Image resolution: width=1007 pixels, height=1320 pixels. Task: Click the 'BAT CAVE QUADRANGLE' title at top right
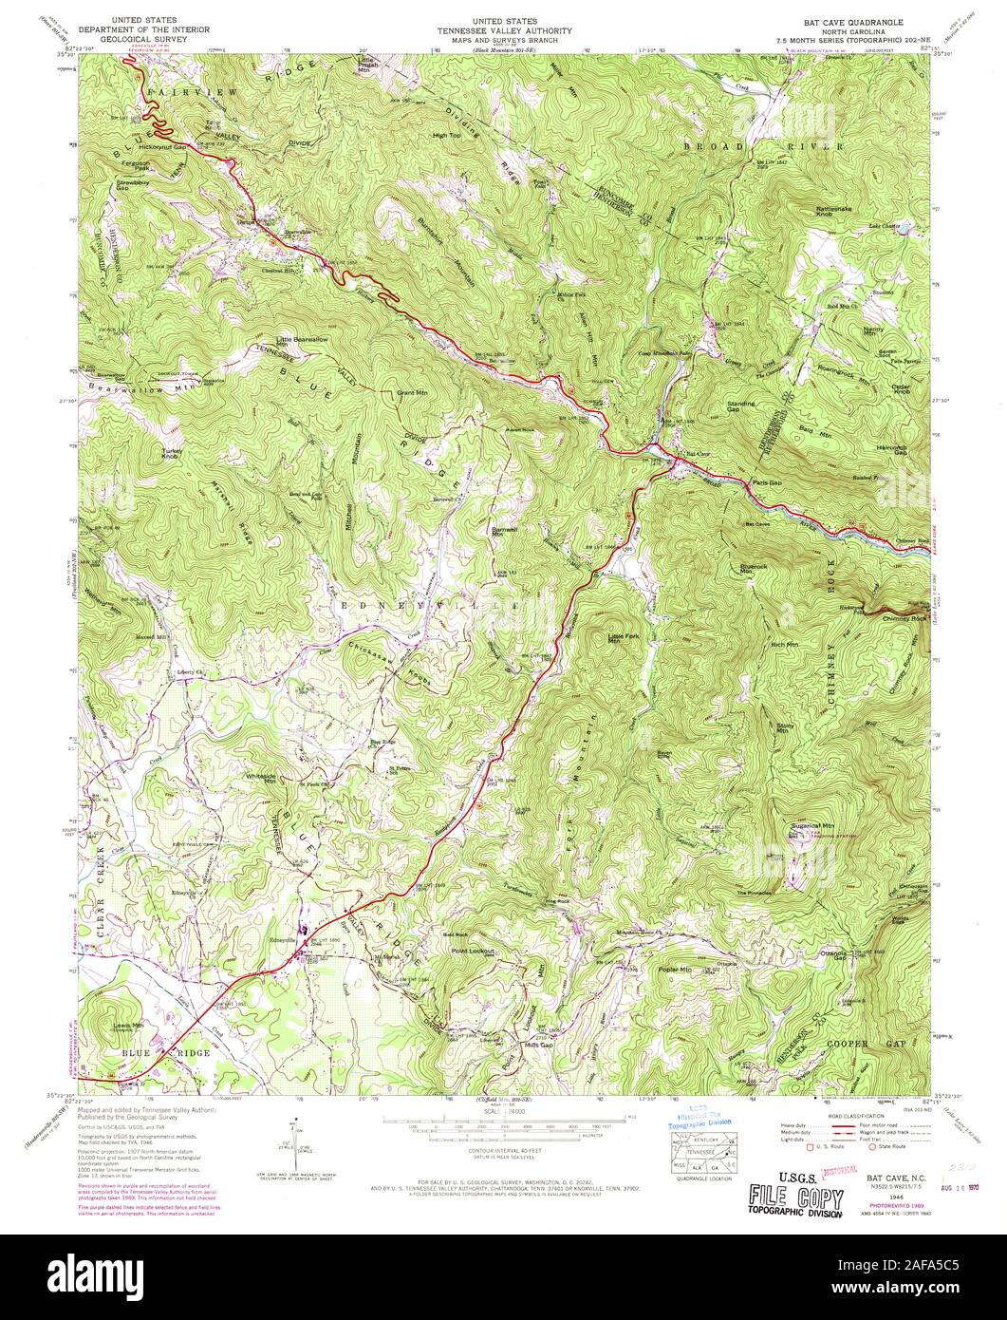click(854, 20)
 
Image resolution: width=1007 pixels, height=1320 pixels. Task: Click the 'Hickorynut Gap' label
click(161, 148)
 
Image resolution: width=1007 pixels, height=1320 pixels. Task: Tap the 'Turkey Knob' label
click(171, 454)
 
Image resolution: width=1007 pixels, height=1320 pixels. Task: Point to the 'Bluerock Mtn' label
click(753, 569)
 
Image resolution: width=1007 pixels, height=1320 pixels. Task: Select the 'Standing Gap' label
click(740, 407)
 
